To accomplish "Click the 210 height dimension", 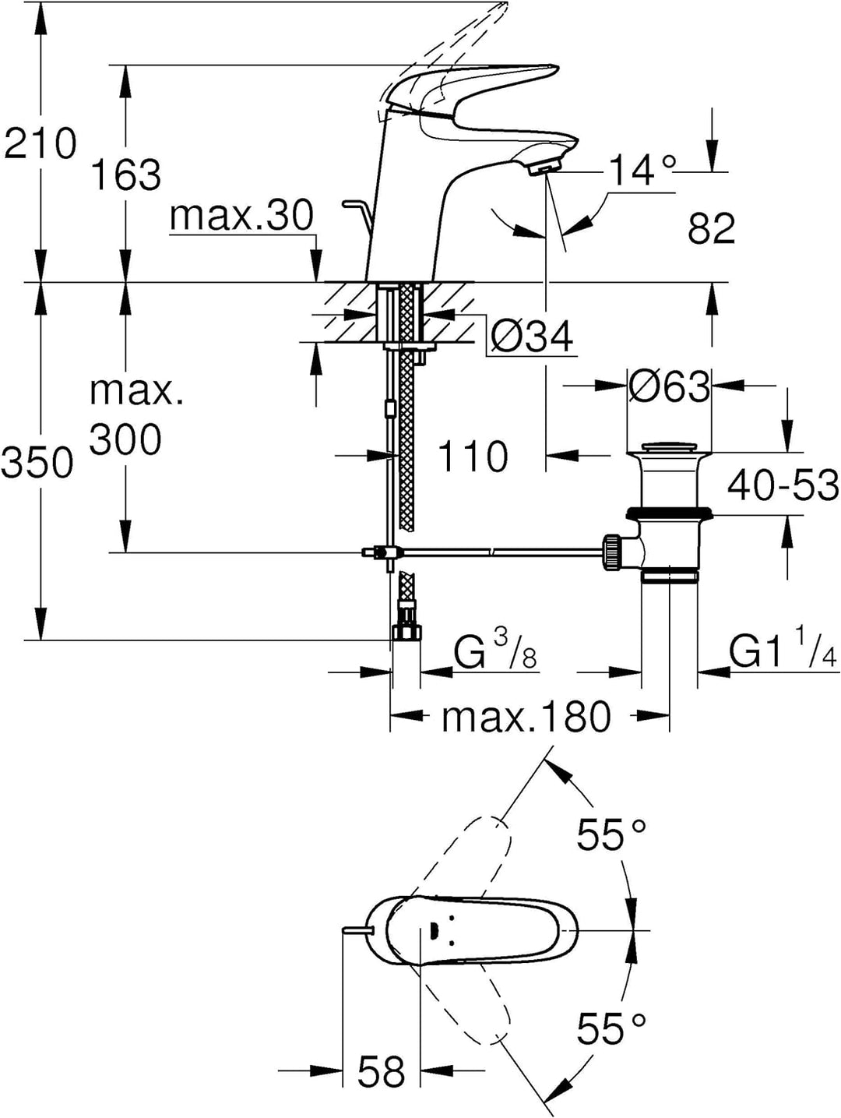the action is tap(40, 143).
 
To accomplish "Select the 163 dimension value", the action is tap(127, 175).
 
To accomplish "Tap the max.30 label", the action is tap(241, 216).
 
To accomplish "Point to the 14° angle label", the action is tap(643, 170).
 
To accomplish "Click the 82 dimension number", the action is tap(711, 229).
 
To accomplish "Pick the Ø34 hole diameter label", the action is tap(532, 337).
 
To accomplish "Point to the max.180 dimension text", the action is tap(526, 716).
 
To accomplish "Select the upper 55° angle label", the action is tap(612, 834).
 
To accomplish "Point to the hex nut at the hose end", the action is tap(406, 633).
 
